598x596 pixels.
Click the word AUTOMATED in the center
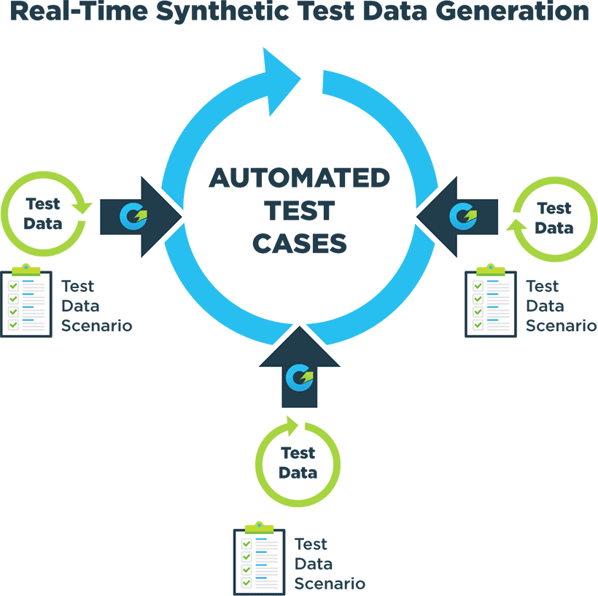tap(299, 178)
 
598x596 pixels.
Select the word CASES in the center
tap(299, 244)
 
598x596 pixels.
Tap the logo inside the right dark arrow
tap(463, 215)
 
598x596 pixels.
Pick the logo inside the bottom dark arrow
tap(299, 376)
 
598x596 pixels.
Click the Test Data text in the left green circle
tap(42, 213)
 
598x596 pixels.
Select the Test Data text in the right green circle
tap(554, 218)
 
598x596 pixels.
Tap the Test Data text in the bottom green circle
tap(298, 463)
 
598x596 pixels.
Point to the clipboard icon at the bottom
tap(259, 560)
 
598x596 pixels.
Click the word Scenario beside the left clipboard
tap(96, 325)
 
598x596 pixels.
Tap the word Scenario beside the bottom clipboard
tap(330, 583)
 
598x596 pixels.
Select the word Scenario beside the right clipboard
tap(561, 325)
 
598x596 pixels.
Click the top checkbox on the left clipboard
tap(13, 285)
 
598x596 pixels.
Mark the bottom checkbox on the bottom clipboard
tap(246, 581)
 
